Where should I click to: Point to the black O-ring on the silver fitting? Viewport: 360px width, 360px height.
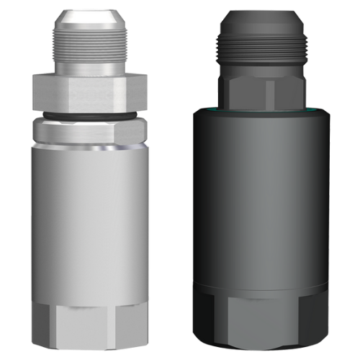coord(90,114)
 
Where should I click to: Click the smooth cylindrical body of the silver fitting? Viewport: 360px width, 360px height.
coord(90,216)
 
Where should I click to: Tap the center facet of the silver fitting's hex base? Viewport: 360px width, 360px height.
coord(90,328)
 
